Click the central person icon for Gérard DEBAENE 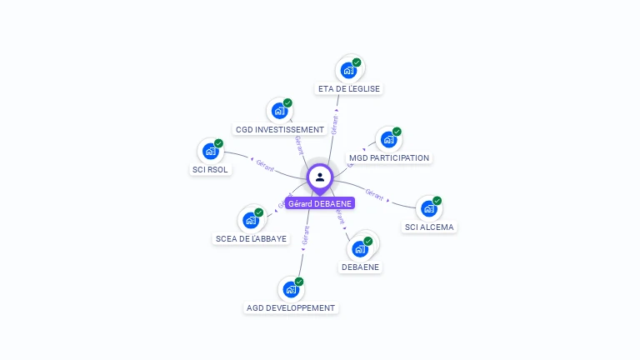[x=320, y=177]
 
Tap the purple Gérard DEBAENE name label [x=320, y=203]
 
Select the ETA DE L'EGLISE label [x=349, y=88]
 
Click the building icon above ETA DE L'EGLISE [x=349, y=70]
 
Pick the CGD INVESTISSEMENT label [x=280, y=130]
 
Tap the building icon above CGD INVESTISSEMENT [x=280, y=111]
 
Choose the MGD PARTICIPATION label [x=389, y=157]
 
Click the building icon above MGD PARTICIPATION [x=388, y=139]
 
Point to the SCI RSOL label [x=210, y=170]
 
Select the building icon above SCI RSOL [x=210, y=152]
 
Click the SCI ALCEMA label [x=430, y=227]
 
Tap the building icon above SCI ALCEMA [x=428, y=208]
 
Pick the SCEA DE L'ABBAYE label [x=251, y=238]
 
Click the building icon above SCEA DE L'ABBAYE [x=251, y=220]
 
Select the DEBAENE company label [x=361, y=267]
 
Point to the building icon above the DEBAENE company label [x=360, y=248]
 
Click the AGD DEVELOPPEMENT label [x=291, y=307]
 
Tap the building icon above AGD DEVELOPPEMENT [x=291, y=289]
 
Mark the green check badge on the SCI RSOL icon [x=218, y=143]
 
